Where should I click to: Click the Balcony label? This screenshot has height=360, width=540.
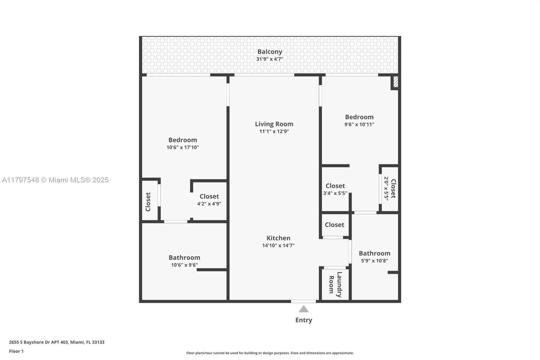coord(270,52)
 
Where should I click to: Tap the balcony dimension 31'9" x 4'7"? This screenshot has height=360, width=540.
coord(270,59)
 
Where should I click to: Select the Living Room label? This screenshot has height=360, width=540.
coord(274,124)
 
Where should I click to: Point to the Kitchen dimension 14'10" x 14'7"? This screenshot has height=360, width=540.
coord(278,246)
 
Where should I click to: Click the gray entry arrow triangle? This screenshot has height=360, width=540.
coord(304,309)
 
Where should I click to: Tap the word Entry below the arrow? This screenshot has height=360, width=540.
coord(304,320)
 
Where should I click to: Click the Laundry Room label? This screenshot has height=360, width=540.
coord(335,284)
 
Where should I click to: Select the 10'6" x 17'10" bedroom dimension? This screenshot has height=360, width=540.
coord(183,148)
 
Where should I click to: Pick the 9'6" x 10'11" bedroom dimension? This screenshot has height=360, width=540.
coord(359,125)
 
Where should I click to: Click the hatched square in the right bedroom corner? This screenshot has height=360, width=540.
coord(396,82)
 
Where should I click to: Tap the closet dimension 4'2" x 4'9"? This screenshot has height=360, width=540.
coord(209,204)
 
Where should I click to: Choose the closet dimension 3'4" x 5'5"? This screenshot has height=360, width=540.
coord(335,193)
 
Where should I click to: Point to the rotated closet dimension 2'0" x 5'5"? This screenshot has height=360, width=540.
coord(386,188)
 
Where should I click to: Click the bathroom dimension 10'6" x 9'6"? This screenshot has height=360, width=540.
coord(184,265)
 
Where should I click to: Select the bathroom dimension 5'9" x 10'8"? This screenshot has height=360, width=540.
coord(375,261)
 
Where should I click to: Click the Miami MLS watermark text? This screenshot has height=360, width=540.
coord(55,180)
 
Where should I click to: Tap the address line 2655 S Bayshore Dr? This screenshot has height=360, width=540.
coord(57,342)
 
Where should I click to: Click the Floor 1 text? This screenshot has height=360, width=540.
coord(16,351)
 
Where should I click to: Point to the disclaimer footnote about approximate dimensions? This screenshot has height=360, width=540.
coord(270,353)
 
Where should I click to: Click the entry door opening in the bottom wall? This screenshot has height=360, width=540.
coord(303,301)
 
